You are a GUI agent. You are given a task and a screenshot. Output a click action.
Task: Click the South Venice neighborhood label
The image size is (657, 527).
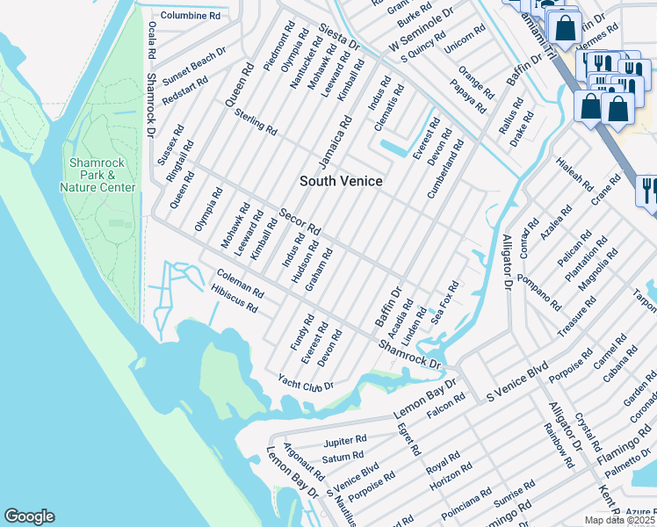(x=342, y=181)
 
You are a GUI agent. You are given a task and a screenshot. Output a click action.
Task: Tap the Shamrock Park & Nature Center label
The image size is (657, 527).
(x=97, y=176)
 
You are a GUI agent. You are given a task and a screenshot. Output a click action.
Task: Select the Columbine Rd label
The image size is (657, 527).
(x=190, y=16)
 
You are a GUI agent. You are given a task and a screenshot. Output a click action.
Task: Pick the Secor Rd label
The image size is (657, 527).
(x=300, y=222)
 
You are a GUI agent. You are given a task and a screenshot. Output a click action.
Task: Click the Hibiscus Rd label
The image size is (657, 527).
(x=234, y=302)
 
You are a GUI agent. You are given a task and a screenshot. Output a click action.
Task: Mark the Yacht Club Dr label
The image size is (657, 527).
(x=305, y=382)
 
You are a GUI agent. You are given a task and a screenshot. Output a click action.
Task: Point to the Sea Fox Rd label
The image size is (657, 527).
(x=445, y=303)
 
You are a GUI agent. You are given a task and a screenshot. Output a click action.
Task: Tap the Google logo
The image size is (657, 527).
(x=29, y=516)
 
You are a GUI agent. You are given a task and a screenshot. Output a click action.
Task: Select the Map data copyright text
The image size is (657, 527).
(x=620, y=520)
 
